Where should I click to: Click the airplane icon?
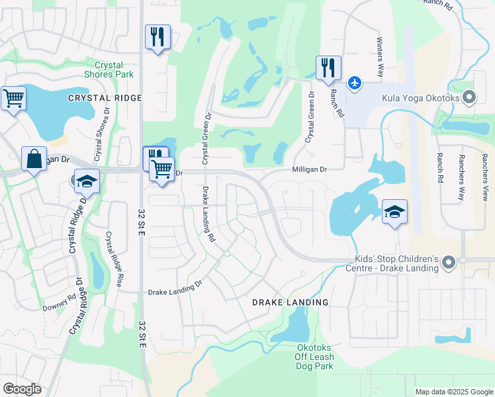click(355, 83)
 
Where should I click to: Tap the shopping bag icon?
click(34, 159)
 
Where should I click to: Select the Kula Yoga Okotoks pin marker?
click(469, 99)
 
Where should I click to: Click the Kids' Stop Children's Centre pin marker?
click(449, 263)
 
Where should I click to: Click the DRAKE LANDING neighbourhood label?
click(290, 302)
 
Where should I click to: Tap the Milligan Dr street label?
click(310, 170)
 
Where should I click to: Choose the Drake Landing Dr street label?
click(175, 290)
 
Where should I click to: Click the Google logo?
click(22, 389)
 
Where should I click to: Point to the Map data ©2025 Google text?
click(453, 392)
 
